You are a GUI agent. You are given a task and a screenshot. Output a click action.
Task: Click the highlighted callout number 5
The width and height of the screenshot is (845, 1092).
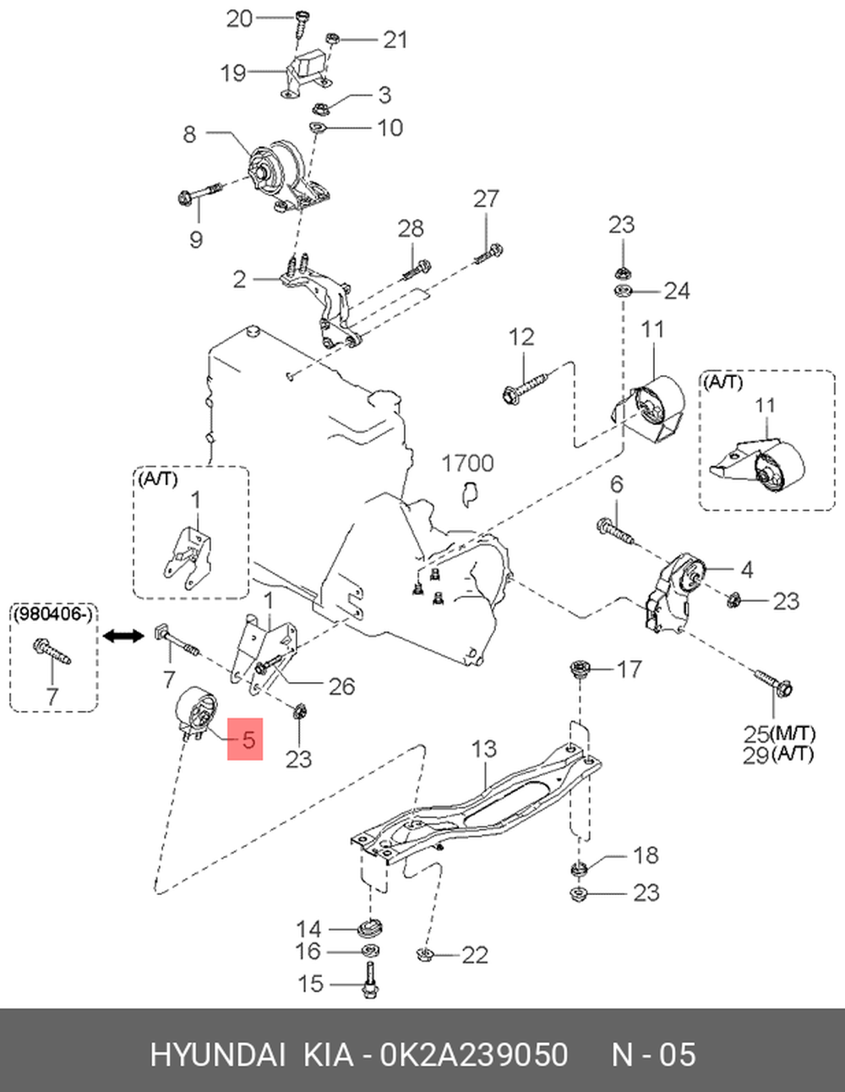(248, 740)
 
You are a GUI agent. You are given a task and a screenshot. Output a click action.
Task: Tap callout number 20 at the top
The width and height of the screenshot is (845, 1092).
(239, 19)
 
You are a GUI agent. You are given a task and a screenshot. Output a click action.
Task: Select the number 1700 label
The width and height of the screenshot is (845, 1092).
(467, 463)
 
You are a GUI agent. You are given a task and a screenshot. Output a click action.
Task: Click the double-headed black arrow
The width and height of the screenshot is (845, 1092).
(123, 636)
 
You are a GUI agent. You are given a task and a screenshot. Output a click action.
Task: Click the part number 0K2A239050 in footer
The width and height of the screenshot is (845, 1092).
(474, 1054)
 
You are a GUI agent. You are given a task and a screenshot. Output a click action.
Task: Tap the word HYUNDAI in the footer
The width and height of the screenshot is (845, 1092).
(218, 1054)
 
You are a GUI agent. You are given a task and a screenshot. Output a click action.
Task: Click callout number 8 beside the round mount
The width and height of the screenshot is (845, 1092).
(189, 134)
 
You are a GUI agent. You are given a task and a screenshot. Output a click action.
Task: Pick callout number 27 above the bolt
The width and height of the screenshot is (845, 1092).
(487, 199)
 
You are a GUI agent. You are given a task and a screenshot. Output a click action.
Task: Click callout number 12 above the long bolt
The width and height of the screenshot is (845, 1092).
(521, 336)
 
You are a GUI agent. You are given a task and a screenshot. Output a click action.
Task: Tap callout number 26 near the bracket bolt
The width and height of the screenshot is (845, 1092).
(341, 686)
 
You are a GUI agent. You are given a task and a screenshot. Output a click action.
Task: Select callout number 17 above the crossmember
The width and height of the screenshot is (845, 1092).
(629, 669)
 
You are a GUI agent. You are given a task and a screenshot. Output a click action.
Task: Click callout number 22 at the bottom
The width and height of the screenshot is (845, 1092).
(475, 955)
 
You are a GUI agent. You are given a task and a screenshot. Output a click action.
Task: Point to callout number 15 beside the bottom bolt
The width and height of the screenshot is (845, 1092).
(310, 984)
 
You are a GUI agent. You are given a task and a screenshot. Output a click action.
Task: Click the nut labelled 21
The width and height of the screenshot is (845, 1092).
(331, 39)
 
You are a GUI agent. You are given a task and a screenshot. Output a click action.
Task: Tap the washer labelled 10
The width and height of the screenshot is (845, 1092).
(318, 126)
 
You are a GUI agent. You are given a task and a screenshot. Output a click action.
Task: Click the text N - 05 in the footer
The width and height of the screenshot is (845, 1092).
(653, 1054)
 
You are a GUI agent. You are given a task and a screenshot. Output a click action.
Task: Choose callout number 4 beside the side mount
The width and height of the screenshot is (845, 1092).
(747, 571)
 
